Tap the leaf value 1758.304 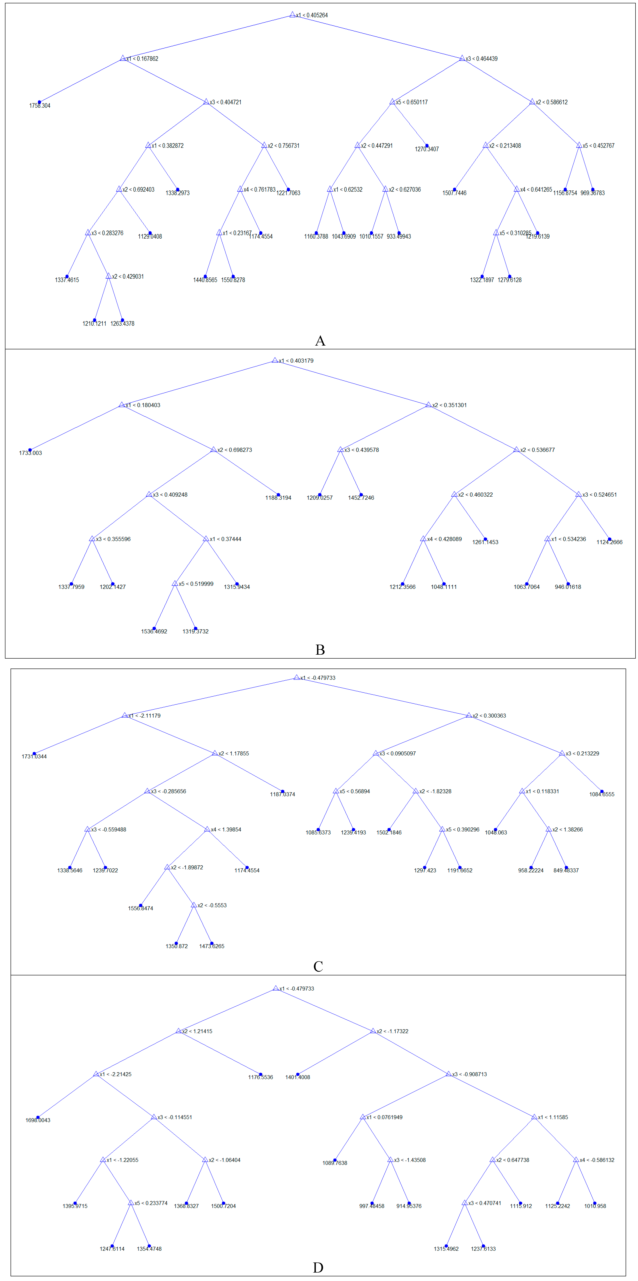[40, 105]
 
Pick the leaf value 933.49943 [399, 237]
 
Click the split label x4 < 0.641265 [536, 189]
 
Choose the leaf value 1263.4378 [122, 324]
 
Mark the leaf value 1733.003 [30, 453]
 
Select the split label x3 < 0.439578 [361, 450]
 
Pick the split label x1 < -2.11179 [144, 716]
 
